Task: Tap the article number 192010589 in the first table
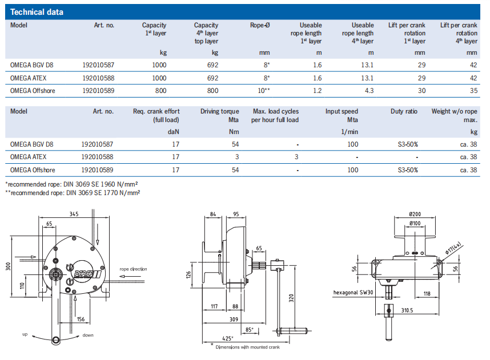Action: point(98,90)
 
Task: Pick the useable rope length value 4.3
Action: point(368,90)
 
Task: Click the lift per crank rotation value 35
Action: point(473,90)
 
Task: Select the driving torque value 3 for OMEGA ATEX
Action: point(237,156)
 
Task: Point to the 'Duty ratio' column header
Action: point(404,112)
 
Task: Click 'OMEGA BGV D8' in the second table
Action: point(32,144)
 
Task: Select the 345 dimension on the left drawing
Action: point(74,214)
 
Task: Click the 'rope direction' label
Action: point(132,269)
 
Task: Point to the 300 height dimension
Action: point(9,266)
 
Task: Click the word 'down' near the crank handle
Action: point(88,335)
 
